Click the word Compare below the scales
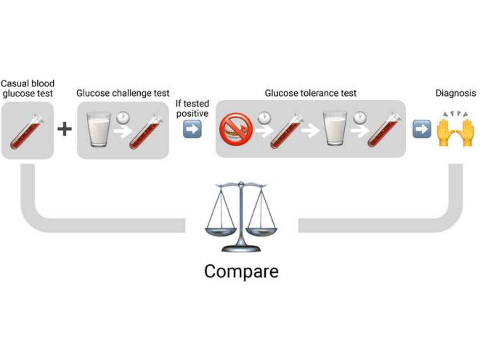[241, 272]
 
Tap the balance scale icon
[241, 217]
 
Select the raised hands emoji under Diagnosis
[455, 129]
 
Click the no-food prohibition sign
[236, 129]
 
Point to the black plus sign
[64, 129]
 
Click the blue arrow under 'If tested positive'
[192, 129]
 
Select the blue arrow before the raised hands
[422, 129]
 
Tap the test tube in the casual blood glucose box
[27, 132]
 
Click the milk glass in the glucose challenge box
[99, 129]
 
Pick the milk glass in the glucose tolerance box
[335, 128]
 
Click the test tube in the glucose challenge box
[146, 132]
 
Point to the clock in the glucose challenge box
[123, 118]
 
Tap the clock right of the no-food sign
[264, 118]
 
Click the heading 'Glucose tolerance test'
[310, 93]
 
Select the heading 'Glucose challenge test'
[123, 93]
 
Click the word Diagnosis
[456, 93]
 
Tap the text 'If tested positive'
[192, 108]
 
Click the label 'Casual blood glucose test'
[28, 88]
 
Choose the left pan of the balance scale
[221, 232]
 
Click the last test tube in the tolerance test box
[384, 130]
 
